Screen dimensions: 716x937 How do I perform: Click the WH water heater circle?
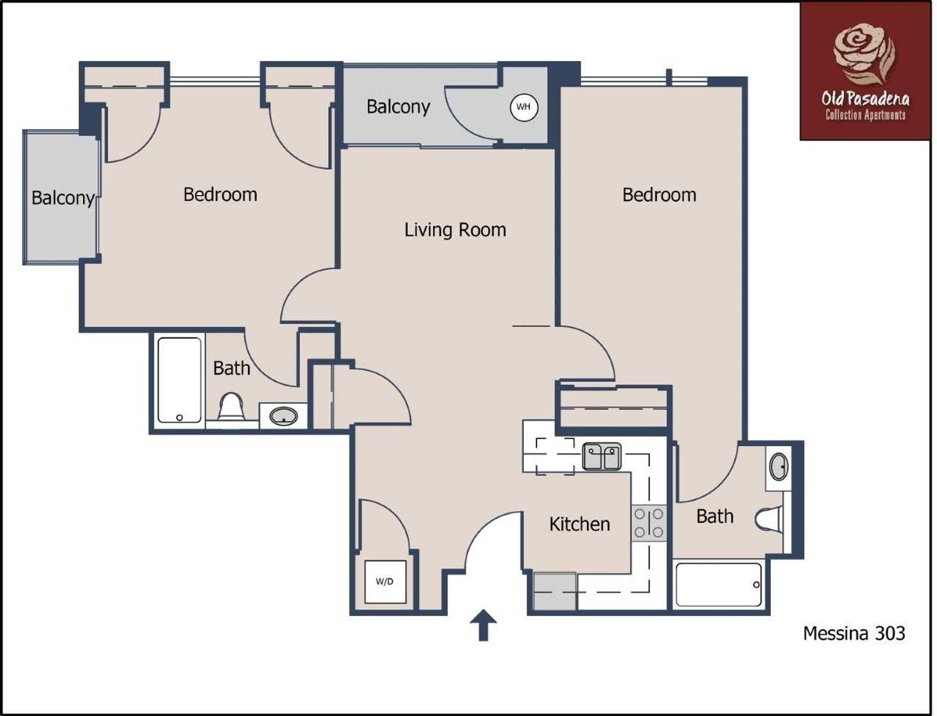click(523, 107)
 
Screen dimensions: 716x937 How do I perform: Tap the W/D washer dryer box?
click(385, 581)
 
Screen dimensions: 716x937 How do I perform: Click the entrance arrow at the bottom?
click(483, 625)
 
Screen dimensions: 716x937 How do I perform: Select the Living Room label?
click(455, 230)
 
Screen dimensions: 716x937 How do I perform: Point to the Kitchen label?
click(579, 524)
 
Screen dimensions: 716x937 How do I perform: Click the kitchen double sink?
click(601, 457)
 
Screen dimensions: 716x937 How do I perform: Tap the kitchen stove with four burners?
click(648, 523)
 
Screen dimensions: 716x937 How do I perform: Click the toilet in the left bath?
click(231, 406)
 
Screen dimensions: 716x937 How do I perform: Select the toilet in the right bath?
click(769, 519)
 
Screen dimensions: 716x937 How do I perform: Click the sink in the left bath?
click(283, 417)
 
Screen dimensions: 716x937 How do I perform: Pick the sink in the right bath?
click(779, 467)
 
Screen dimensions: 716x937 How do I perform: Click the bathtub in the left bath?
click(180, 379)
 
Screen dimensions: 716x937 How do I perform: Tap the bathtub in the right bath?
click(718, 584)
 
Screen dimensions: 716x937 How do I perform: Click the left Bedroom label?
click(220, 195)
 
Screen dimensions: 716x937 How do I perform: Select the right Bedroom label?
click(659, 195)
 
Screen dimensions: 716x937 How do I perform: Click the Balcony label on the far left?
click(62, 198)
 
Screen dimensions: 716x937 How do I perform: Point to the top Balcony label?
click(398, 107)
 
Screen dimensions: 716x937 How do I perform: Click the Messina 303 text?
click(853, 633)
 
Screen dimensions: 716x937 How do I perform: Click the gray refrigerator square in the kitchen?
click(554, 591)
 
